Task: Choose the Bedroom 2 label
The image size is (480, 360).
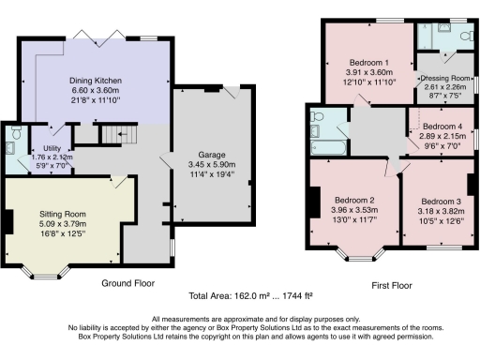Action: pos(347,201)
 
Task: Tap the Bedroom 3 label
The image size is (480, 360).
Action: pos(441,202)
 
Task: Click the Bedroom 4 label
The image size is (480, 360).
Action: pos(442,127)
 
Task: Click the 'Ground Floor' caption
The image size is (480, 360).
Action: pos(127,282)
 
